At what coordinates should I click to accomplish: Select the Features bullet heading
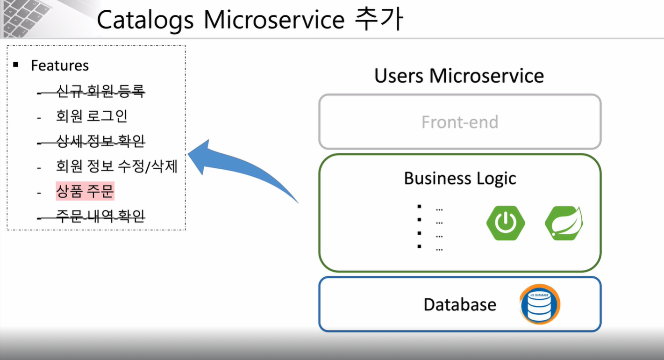(x=60, y=65)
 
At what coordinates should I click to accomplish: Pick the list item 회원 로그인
(x=92, y=115)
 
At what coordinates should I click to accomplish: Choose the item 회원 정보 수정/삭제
(x=116, y=166)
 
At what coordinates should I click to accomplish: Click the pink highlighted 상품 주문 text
(x=85, y=191)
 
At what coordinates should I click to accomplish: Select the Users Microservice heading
(x=459, y=76)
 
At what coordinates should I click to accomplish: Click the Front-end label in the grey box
(x=460, y=122)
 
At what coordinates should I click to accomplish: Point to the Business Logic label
(x=460, y=178)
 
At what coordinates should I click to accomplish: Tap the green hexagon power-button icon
(x=505, y=223)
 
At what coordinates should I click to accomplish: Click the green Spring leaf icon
(x=564, y=223)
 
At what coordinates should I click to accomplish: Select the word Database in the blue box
(x=460, y=304)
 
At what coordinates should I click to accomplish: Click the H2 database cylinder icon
(x=540, y=304)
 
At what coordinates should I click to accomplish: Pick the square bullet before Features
(x=16, y=65)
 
